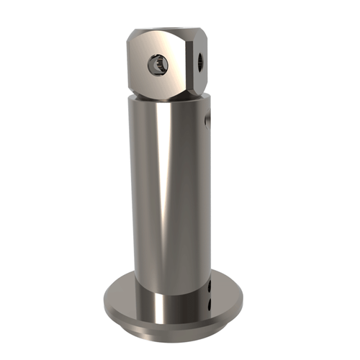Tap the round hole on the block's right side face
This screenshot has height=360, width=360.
pyautogui.click(x=199, y=63)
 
